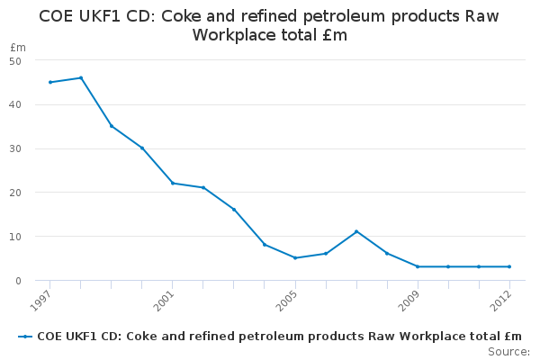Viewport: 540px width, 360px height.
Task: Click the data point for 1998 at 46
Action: point(81,78)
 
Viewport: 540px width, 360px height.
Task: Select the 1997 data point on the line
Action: point(50,82)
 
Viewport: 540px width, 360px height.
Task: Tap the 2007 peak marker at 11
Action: point(356,231)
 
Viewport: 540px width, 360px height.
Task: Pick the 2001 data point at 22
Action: point(173,184)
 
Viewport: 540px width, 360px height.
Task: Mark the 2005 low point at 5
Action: point(295,258)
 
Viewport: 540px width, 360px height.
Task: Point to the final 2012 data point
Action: point(509,266)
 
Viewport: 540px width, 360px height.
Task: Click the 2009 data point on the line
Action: point(418,266)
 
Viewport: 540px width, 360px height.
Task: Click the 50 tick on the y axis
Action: point(15,61)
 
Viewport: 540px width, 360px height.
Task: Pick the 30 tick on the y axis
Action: point(15,148)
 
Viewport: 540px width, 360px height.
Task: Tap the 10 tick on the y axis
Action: point(15,237)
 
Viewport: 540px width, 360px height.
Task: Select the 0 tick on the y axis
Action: point(18,281)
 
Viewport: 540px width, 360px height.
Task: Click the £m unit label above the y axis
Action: point(18,47)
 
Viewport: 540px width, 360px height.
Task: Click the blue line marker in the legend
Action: point(25,337)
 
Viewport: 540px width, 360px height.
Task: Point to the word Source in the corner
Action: point(508,352)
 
